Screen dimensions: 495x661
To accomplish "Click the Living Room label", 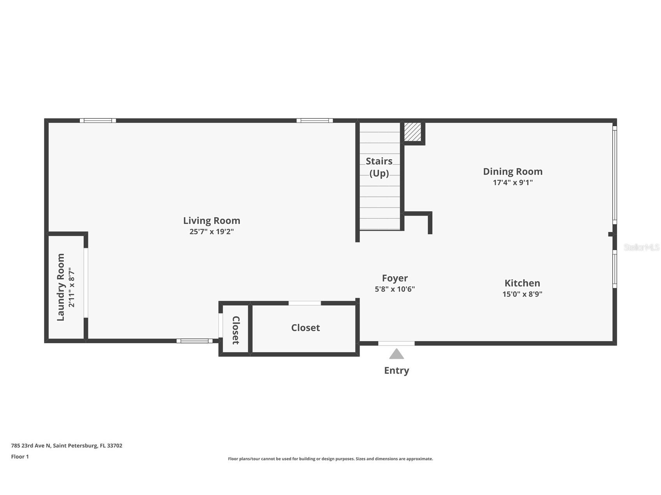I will [212, 221].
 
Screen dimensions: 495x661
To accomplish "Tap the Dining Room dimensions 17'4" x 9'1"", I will [513, 183].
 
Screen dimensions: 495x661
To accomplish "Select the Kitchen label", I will [522, 283].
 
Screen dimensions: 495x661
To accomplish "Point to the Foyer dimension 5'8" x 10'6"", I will [395, 289].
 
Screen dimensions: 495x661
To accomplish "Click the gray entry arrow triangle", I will [397, 354].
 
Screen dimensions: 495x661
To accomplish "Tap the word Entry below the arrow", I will [397, 370].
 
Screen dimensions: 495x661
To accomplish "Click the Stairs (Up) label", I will [379, 167].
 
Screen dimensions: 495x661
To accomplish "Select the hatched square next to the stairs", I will [412, 132].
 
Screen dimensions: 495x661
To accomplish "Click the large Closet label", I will [305, 328].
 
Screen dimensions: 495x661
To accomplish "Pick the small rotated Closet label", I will [236, 330].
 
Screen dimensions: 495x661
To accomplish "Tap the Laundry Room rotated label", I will [61, 287].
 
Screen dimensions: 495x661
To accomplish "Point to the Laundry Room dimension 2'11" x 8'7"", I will [71, 287].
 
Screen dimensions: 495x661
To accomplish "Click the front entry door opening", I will [396, 343].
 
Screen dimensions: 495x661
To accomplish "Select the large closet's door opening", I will [305, 303].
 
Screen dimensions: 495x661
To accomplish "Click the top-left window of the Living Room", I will [98, 121].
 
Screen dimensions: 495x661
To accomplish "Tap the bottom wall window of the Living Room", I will [194, 341].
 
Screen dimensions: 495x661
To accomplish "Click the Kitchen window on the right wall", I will [615, 269].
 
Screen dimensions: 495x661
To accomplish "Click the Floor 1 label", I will [20, 456].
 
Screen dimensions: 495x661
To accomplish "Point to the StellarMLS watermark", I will [642, 247].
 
